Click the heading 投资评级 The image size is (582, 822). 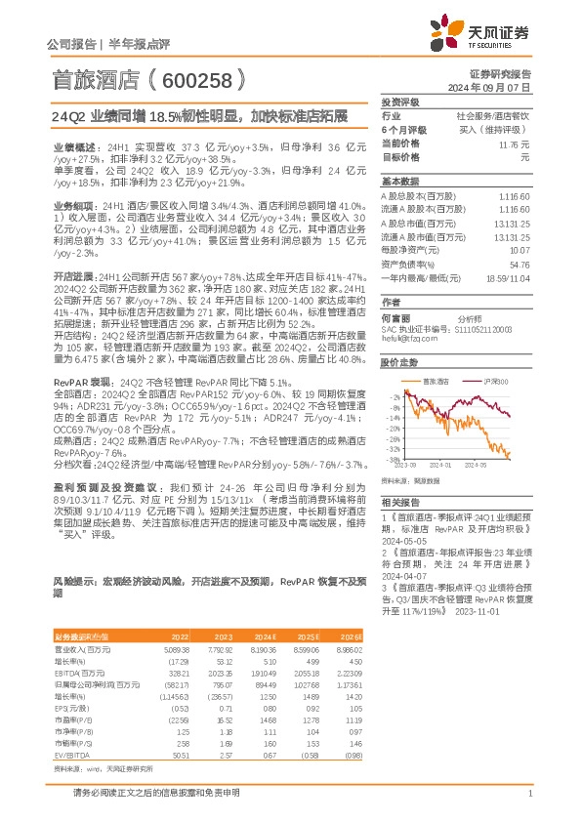pos(400,102)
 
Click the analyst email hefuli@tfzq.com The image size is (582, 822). pos(409,339)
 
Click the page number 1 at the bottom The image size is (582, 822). pos(528,802)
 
